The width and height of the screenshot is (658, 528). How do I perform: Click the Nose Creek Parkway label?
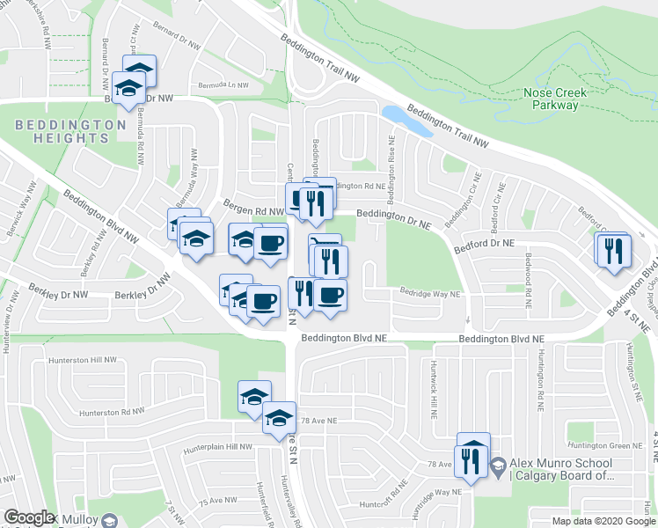tap(555, 99)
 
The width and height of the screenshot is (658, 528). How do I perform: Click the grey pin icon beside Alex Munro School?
tap(497, 464)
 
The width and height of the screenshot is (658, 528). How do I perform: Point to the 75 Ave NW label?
tap(217, 500)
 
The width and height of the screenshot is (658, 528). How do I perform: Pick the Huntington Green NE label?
tap(600, 446)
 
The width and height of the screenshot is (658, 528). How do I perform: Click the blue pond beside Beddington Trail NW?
tap(407, 121)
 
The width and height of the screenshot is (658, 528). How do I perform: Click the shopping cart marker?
tap(325, 246)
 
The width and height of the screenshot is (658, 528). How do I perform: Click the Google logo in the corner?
tap(29, 517)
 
